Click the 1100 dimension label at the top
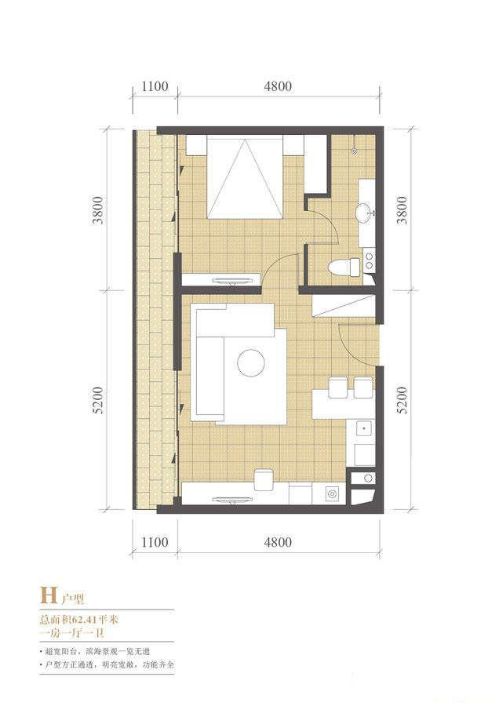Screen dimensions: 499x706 coord(155,86)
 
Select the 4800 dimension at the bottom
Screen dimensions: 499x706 coord(278,542)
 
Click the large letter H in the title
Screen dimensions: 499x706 coord(49,595)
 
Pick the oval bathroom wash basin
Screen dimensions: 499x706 coord(363,213)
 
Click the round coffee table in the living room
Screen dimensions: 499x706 coord(251,363)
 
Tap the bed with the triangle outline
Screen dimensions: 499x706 coord(245,178)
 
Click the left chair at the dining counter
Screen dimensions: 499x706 coord(337,388)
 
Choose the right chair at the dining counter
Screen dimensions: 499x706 coord(363,388)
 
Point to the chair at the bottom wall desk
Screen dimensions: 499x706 coord(264,480)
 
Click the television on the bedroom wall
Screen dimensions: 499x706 coord(232,281)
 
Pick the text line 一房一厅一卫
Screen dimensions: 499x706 coord(72,633)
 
